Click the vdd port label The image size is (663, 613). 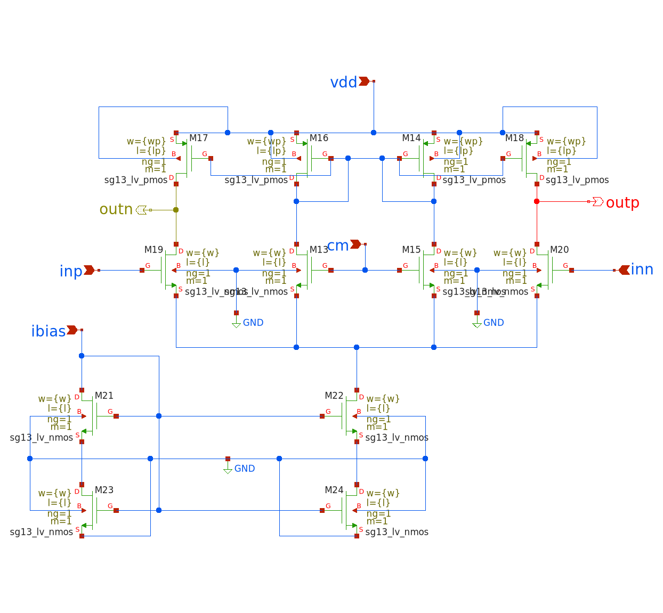[x=344, y=83]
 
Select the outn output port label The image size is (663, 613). [x=116, y=209]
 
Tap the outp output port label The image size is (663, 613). [x=622, y=203]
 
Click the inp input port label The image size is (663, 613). [x=71, y=271]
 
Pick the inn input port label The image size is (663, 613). [x=642, y=269]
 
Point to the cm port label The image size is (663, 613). [x=338, y=246]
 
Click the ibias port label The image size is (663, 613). [x=48, y=331]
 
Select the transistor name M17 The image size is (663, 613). [x=198, y=138]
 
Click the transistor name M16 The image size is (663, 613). [x=319, y=138]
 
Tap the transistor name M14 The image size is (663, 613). [x=411, y=138]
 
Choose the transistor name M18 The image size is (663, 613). [x=514, y=138]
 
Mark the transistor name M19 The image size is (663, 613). [x=153, y=250]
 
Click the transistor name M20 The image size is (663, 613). [x=559, y=250]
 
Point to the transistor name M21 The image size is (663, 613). [x=104, y=396]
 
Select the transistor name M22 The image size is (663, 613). [x=334, y=396]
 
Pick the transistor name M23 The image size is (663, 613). [x=104, y=490]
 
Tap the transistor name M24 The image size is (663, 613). [x=334, y=490]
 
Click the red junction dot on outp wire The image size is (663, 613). [x=537, y=201]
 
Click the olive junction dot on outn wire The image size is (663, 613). [x=176, y=210]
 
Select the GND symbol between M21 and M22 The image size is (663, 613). [x=228, y=469]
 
